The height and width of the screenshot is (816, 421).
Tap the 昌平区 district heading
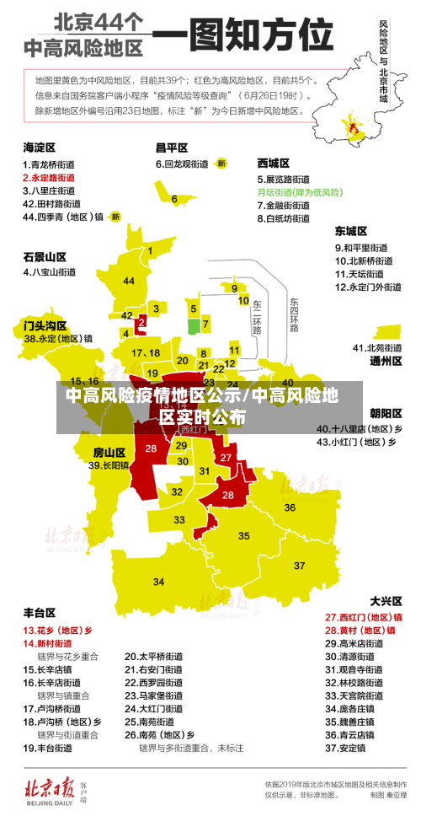coord(171,147)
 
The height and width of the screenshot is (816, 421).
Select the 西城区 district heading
coord(273,163)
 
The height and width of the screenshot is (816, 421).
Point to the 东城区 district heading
coord(350,230)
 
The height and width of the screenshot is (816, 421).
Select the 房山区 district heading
coord(109,452)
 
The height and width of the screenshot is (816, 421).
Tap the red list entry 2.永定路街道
coord(48,178)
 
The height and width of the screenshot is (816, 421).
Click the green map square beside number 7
coord(194,325)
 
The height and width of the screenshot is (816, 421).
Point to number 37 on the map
coord(299,565)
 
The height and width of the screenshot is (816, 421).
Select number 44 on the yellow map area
coord(129,281)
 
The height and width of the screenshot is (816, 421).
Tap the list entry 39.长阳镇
coord(109,465)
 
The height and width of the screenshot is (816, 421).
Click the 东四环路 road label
coord(294,314)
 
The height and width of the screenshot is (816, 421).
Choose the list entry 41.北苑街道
coord(376,347)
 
